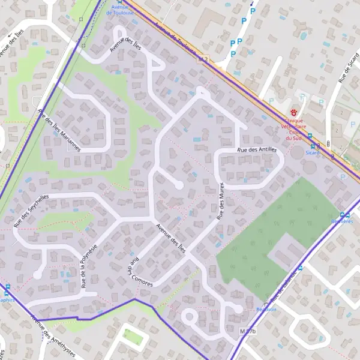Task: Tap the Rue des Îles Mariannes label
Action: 58,130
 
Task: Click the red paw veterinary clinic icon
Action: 294,112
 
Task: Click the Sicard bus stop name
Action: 312,152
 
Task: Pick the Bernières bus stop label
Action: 342,221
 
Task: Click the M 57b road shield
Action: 247,331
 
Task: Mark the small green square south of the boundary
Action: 133,337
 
